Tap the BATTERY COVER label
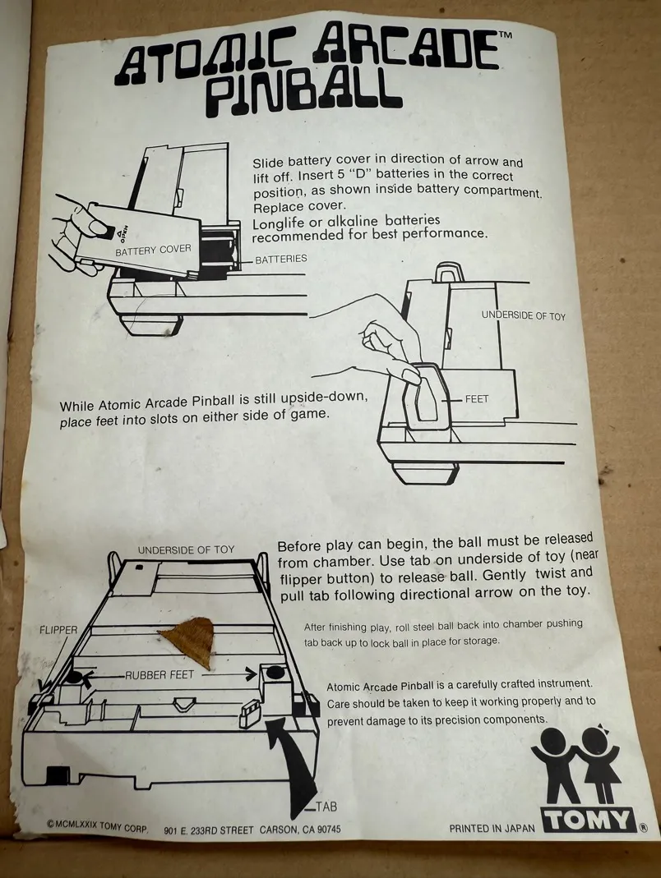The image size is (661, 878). (153, 250)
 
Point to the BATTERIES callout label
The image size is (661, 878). (281, 259)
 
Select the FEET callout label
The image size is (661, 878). (477, 398)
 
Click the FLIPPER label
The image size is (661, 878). (58, 629)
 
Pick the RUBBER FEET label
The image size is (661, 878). (159, 675)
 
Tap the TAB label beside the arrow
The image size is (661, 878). (326, 807)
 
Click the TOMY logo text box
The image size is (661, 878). (589, 821)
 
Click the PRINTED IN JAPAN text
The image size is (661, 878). (492, 828)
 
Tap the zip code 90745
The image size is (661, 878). (329, 830)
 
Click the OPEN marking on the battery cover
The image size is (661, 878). (124, 231)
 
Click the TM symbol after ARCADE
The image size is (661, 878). (505, 34)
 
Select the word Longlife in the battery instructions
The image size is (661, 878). (278, 223)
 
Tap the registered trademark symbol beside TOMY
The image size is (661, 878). (643, 828)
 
